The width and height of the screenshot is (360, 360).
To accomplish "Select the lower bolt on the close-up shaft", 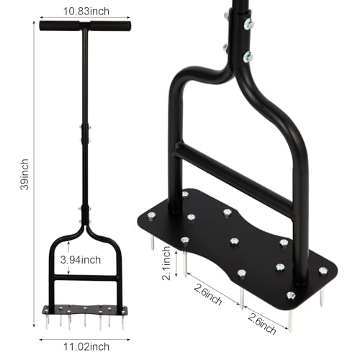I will (248, 56).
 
